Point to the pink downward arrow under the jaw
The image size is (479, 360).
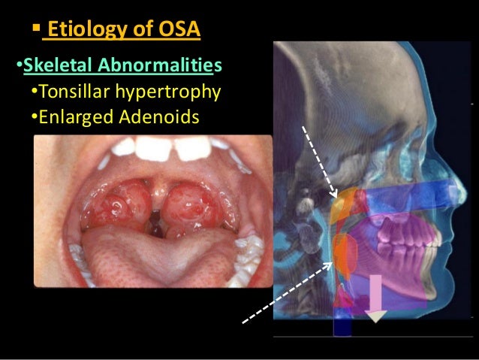coord(375,297)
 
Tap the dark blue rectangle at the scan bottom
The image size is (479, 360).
coord(342,325)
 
